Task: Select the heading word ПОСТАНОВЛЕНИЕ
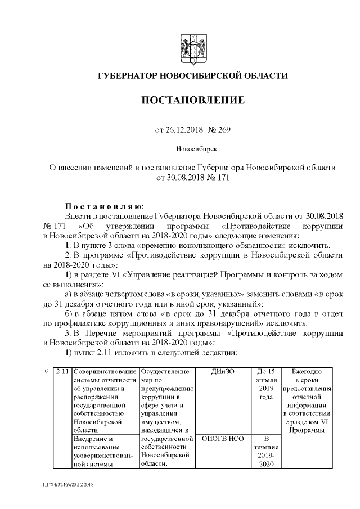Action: pos(192,101)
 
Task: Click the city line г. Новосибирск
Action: pos(192,150)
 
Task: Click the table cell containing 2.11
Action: pos(62,372)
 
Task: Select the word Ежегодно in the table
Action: pos(307,372)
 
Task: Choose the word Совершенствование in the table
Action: pos(105,372)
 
